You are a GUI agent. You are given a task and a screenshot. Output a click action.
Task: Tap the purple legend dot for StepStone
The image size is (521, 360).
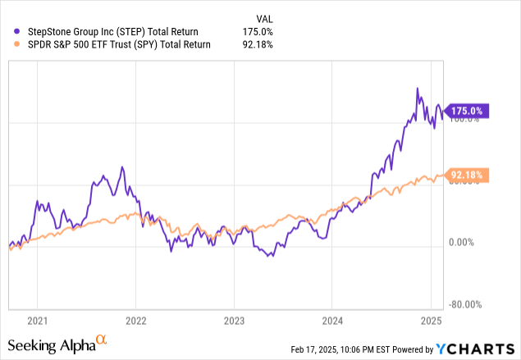pos(9,32)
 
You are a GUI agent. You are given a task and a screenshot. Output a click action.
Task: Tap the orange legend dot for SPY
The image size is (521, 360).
pos(9,45)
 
